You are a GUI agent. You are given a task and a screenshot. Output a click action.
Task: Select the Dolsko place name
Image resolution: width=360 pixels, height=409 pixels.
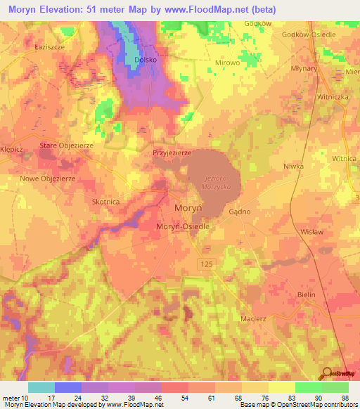pyautogui.click(x=144, y=60)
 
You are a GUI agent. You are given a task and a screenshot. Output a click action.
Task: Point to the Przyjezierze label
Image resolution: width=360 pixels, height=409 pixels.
pyautogui.click(x=172, y=152)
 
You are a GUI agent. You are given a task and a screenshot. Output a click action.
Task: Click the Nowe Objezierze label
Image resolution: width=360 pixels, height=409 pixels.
pyautogui.click(x=48, y=178)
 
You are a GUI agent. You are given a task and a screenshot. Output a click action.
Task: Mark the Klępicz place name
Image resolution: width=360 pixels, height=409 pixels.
pyautogui.click(x=12, y=150)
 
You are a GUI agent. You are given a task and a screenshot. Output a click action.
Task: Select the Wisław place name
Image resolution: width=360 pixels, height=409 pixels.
pyautogui.click(x=310, y=231)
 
